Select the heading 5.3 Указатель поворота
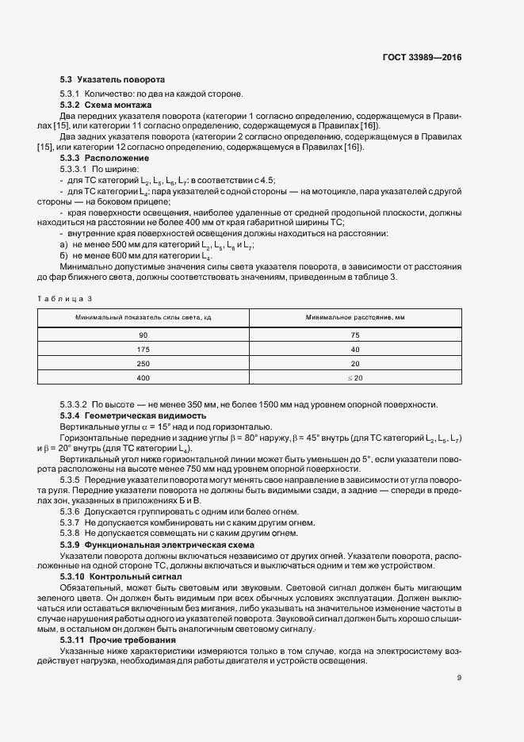point(113,80)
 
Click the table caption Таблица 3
point(65,298)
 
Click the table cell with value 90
point(143,335)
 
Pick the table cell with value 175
point(143,350)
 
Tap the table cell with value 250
point(143,364)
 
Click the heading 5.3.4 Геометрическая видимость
point(133,415)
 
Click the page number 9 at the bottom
point(459,678)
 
